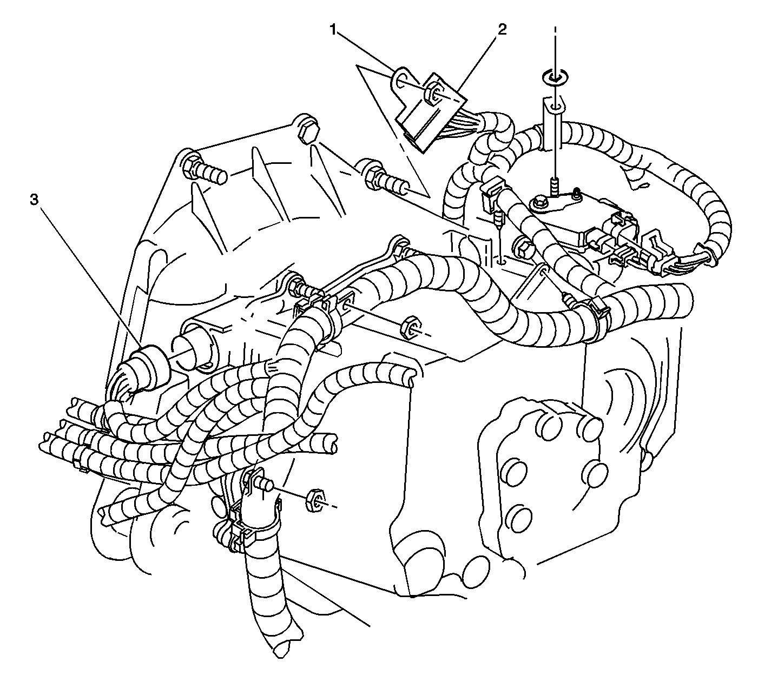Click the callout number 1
pos(333,29)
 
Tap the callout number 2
pos(502,29)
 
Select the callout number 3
pos(34,200)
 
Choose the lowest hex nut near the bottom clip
pos(315,501)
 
